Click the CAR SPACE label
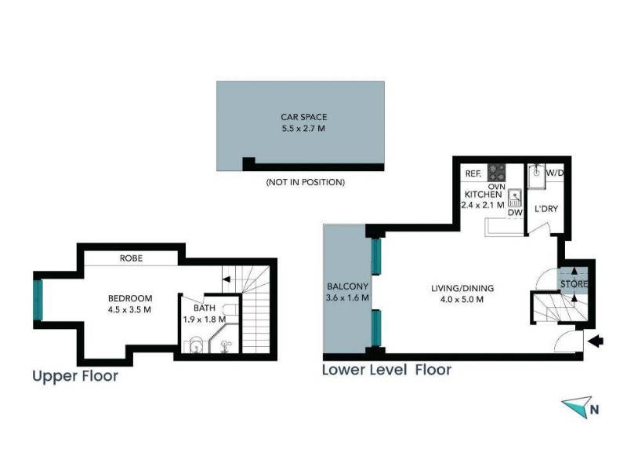click(303, 117)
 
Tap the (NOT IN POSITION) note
click(306, 182)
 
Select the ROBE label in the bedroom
click(131, 258)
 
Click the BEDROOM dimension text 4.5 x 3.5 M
click(129, 309)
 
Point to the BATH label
click(205, 308)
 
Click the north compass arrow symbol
click(577, 407)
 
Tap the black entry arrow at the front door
click(596, 341)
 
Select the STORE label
click(574, 284)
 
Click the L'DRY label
click(546, 209)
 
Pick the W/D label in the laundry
click(555, 173)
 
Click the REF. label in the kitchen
click(473, 173)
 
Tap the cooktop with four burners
click(496, 173)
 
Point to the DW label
click(515, 213)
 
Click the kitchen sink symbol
click(515, 198)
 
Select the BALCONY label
click(347, 287)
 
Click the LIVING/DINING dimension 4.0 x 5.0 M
click(462, 299)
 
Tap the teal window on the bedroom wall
click(38, 300)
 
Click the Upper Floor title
click(75, 376)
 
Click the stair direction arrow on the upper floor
click(227, 279)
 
